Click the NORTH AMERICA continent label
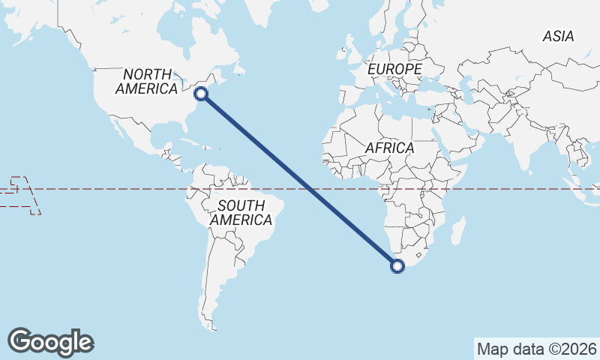(x=146, y=81)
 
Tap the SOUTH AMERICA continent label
(x=241, y=213)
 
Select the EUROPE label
(x=395, y=69)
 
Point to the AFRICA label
(x=390, y=148)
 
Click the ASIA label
(x=559, y=36)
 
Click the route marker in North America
(x=200, y=94)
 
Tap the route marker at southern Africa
(x=397, y=265)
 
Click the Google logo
(x=51, y=342)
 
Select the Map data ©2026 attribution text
(x=537, y=349)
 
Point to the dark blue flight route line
(x=300, y=180)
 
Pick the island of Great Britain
(x=349, y=58)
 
